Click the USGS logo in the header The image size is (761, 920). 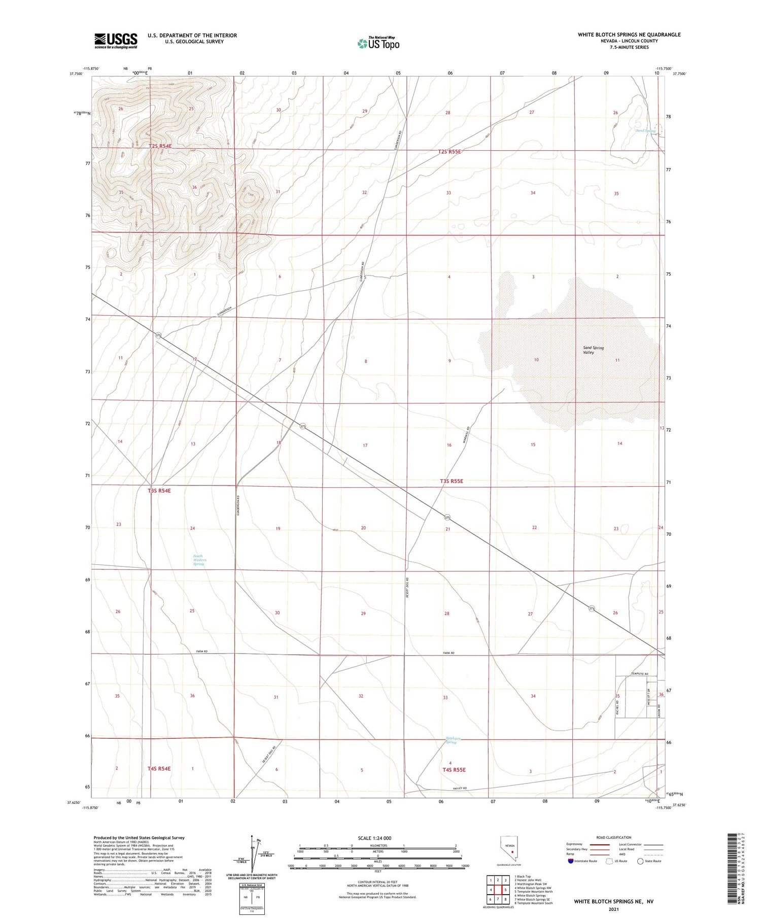pyautogui.click(x=116, y=41)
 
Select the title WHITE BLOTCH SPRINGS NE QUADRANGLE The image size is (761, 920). pyautogui.click(x=629, y=35)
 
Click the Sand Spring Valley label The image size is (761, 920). pyautogui.click(x=593, y=350)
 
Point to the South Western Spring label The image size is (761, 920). pyautogui.click(x=199, y=560)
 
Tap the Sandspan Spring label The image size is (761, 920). pyautogui.click(x=451, y=740)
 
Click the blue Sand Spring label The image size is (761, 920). pyautogui.click(x=645, y=130)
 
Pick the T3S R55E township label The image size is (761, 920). pyautogui.click(x=451, y=481)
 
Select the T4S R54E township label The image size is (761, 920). pyautogui.click(x=159, y=768)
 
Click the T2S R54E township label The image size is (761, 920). pyautogui.click(x=160, y=146)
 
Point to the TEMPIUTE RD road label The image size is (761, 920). pyautogui.click(x=639, y=673)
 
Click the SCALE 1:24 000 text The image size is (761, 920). pyautogui.click(x=374, y=838)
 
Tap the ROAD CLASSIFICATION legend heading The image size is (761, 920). pyautogui.click(x=613, y=837)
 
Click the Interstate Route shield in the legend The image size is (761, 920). pyautogui.click(x=571, y=861)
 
